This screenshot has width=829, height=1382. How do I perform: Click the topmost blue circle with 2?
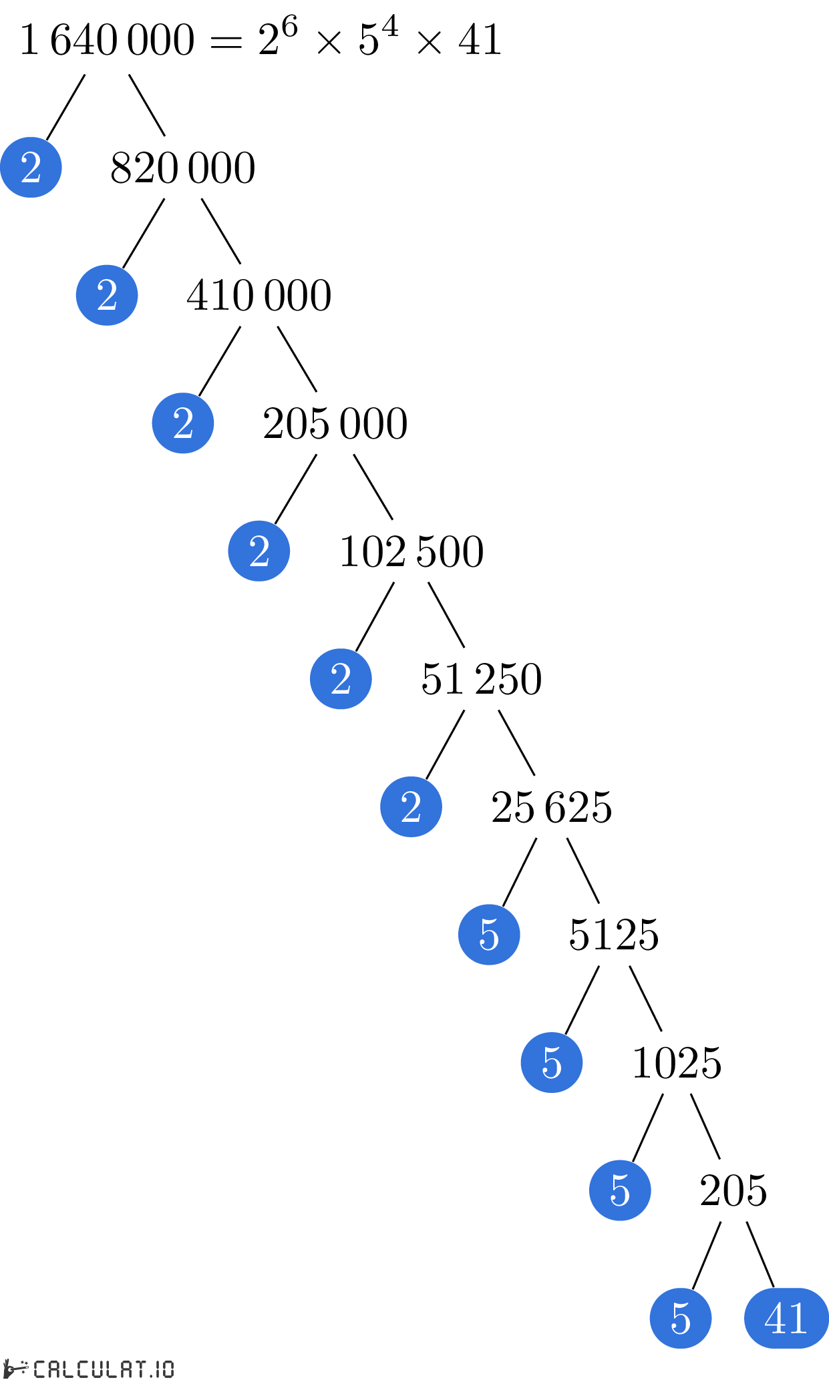tap(31, 167)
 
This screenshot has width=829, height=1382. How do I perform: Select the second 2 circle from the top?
tap(107, 295)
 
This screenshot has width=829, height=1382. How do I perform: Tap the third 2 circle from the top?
tap(183, 423)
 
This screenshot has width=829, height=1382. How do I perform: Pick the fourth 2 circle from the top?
tap(259, 551)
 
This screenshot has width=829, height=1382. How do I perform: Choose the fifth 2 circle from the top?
tap(341, 679)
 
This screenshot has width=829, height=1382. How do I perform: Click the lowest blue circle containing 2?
tap(411, 807)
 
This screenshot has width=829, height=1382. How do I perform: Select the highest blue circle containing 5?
tap(489, 935)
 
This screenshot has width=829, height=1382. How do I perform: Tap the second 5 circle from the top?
tap(552, 1062)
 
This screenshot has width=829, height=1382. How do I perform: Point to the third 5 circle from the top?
tap(620, 1190)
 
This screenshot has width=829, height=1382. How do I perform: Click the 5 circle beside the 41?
tap(681, 1318)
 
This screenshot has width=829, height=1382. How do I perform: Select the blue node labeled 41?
tap(786, 1318)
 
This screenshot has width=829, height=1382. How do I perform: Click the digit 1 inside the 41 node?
tap(799, 1319)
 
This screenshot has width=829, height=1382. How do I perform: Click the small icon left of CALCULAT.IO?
tap(15, 1368)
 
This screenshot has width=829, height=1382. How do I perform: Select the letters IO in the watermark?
tap(162, 1369)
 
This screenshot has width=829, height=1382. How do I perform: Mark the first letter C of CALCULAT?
tap(39, 1369)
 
